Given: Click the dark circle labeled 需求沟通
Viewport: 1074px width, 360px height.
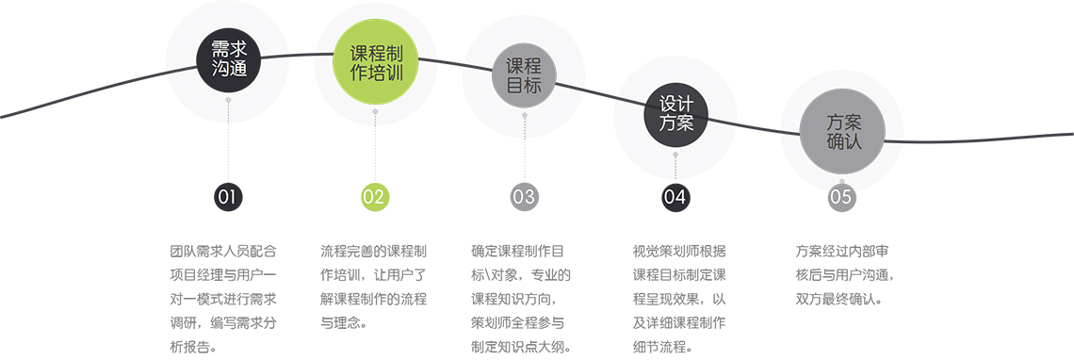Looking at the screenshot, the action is coord(228,59).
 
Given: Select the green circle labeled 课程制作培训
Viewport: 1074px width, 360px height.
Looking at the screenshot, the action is coord(375,63).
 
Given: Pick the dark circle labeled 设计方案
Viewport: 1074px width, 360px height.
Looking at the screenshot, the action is coord(675,114).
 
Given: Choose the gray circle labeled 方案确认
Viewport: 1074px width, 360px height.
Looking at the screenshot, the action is coord(843,132).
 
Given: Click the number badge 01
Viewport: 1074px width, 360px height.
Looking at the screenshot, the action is coord(228,197).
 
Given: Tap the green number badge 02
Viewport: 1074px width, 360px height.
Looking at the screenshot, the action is coord(375,197).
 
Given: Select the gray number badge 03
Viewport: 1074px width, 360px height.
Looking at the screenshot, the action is coord(524,197).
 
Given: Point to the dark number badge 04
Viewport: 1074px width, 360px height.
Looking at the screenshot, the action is coord(675,197).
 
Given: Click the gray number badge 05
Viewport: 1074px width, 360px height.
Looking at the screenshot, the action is coord(841,197).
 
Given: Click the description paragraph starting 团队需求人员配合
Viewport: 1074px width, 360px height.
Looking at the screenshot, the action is coord(223,299).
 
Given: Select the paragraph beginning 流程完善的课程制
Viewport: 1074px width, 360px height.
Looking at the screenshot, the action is coord(374,286).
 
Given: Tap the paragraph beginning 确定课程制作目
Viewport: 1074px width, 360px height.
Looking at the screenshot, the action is coord(521,299).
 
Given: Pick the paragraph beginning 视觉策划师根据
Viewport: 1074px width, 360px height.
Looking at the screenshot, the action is coord(679,299).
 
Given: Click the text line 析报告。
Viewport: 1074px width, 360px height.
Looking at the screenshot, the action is coord(192,347).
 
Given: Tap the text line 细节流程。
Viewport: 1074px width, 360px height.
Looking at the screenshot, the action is coord(663,347).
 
